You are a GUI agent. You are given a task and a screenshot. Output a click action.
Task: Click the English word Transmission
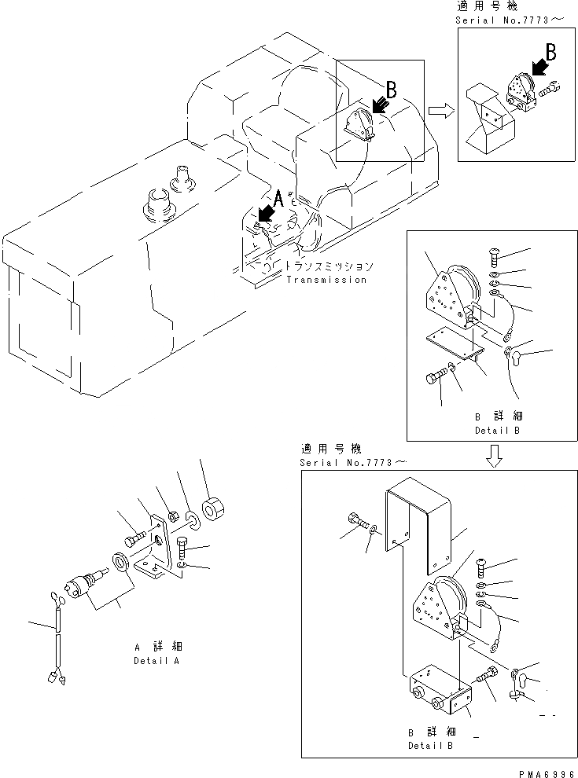(326, 280)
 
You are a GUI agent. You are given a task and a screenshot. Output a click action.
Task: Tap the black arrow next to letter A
(267, 212)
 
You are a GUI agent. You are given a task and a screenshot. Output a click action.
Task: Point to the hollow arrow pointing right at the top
(442, 111)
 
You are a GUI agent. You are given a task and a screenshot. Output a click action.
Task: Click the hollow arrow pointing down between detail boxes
(494, 456)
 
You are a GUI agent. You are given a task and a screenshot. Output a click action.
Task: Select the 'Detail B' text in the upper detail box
(497, 431)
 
